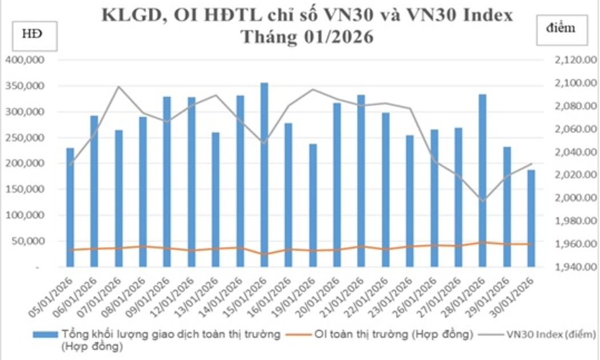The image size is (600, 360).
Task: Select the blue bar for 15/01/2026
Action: [264, 174]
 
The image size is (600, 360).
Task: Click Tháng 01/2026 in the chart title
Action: [306, 37]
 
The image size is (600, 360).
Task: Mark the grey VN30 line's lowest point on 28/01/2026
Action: [483, 201]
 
